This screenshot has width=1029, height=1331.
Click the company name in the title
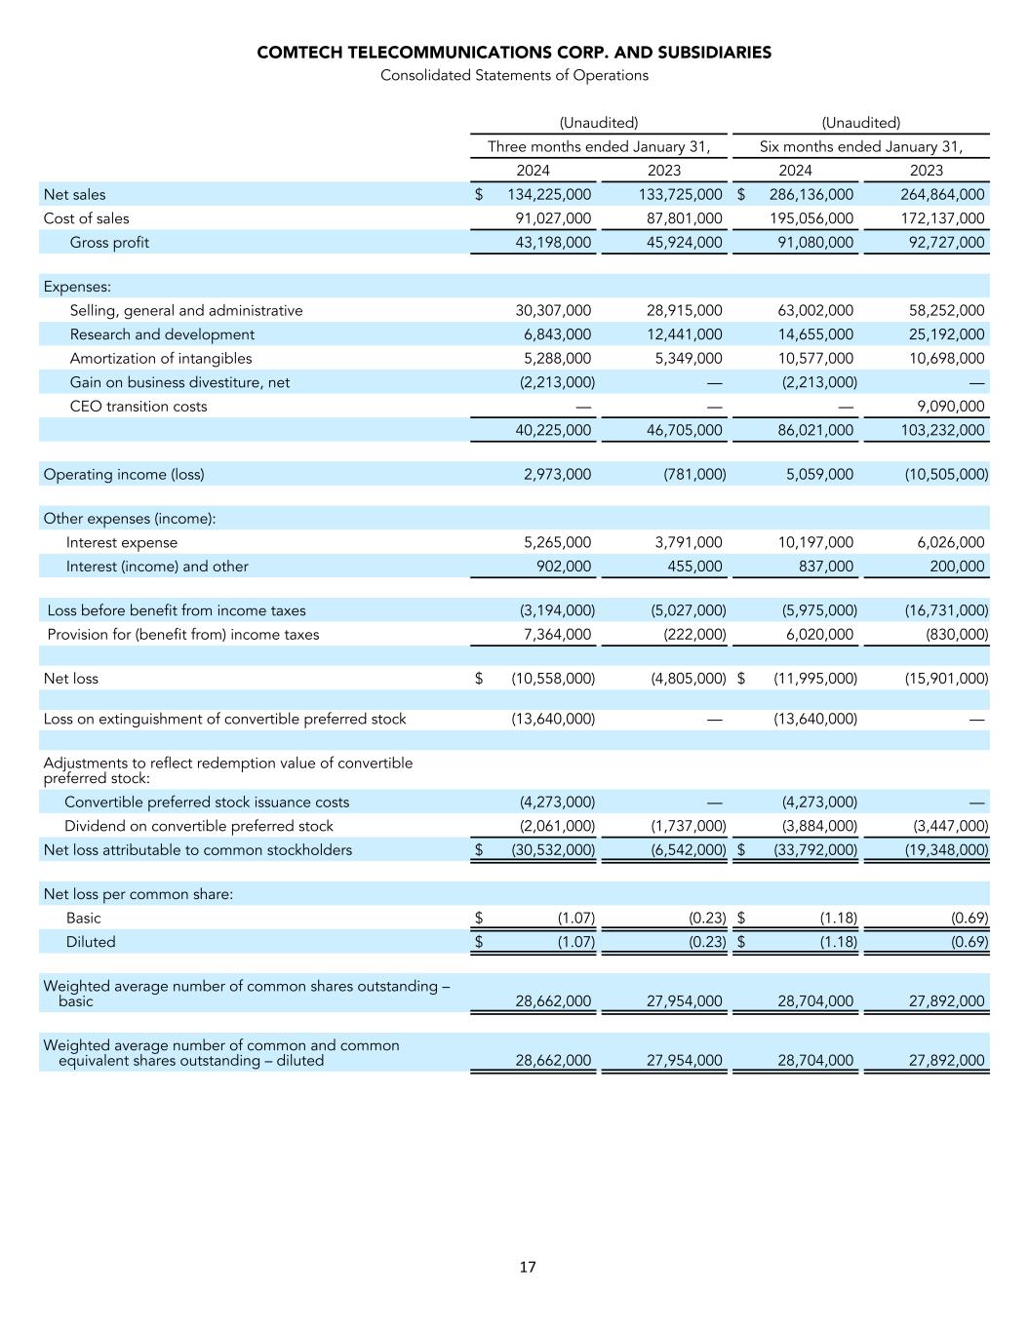point(514,53)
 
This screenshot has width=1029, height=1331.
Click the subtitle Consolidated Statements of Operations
point(514,75)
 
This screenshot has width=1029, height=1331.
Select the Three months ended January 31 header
point(598,147)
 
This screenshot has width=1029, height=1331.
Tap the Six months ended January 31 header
point(860,147)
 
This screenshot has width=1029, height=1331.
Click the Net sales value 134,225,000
point(549,195)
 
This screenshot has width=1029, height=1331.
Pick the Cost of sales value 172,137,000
point(942,218)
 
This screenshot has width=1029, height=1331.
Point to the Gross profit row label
point(109,243)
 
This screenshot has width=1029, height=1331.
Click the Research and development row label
point(162,334)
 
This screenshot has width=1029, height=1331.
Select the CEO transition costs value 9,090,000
point(946,407)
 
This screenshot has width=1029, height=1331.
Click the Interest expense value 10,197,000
point(815,542)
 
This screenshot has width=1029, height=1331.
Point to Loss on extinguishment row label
point(224,720)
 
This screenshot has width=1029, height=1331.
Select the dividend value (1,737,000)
point(688,826)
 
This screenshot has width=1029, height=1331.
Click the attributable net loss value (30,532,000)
point(553,850)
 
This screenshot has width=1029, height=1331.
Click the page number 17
point(527,1268)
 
